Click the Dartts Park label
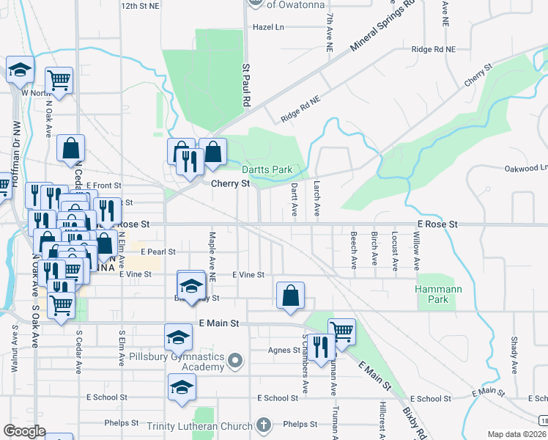pos(267,169)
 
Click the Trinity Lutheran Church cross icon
pos(264,425)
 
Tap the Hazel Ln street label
pos(267,26)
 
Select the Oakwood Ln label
pos(525,168)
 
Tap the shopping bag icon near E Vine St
pos(291,296)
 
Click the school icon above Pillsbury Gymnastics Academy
pos(178,337)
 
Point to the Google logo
pos(25,431)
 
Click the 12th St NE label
pos(140,6)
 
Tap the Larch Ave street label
pos(316,199)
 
